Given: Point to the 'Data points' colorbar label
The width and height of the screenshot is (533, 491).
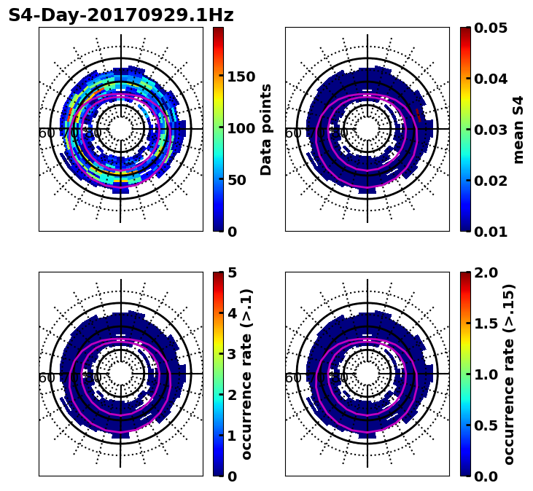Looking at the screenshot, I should click(266, 129).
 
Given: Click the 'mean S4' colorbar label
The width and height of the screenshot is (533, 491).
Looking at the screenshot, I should click(518, 129).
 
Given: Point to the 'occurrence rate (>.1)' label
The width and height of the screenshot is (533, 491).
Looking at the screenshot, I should click(247, 374).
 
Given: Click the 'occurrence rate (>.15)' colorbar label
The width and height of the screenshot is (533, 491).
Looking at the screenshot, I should click(509, 374).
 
